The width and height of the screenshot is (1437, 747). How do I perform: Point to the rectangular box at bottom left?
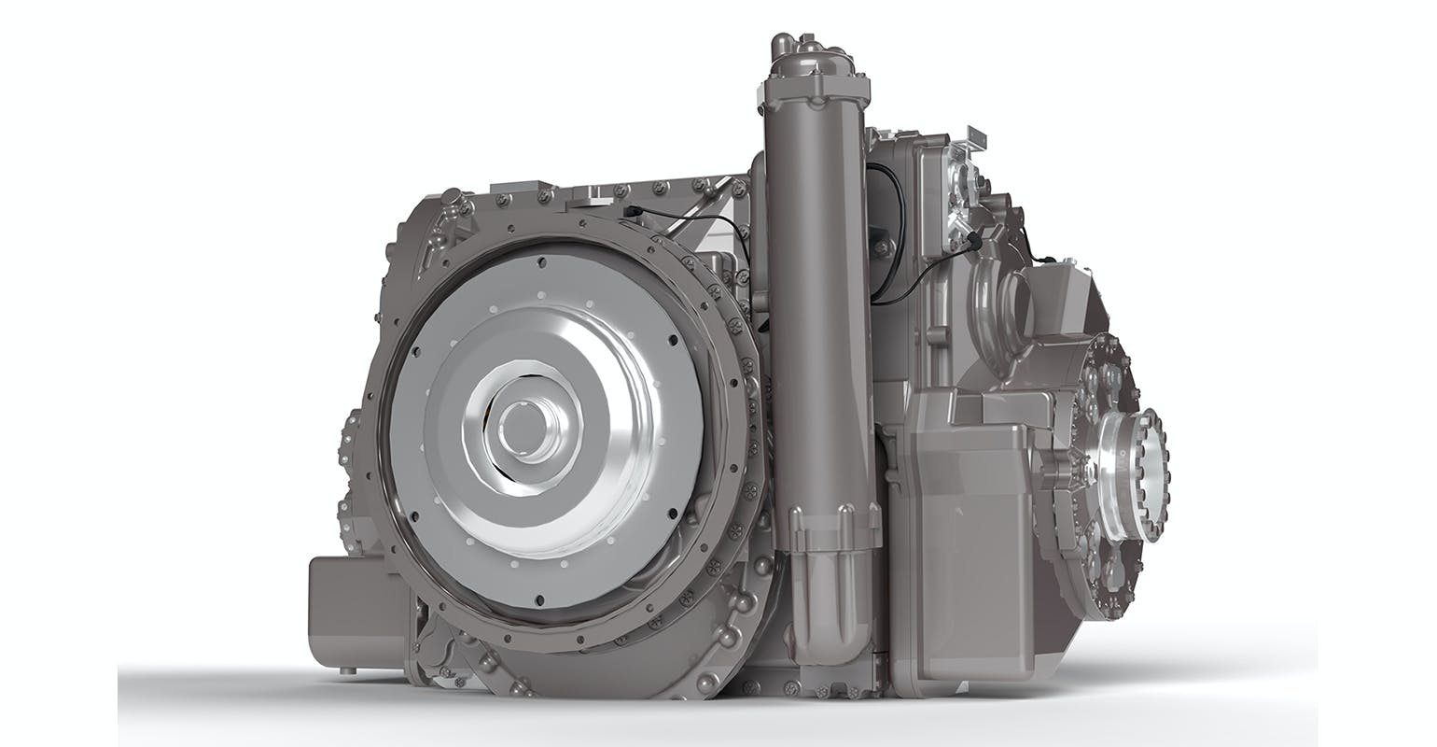[357, 611]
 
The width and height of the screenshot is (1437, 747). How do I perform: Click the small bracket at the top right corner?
[976, 140]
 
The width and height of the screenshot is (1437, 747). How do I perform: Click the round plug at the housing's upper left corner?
[451, 198]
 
